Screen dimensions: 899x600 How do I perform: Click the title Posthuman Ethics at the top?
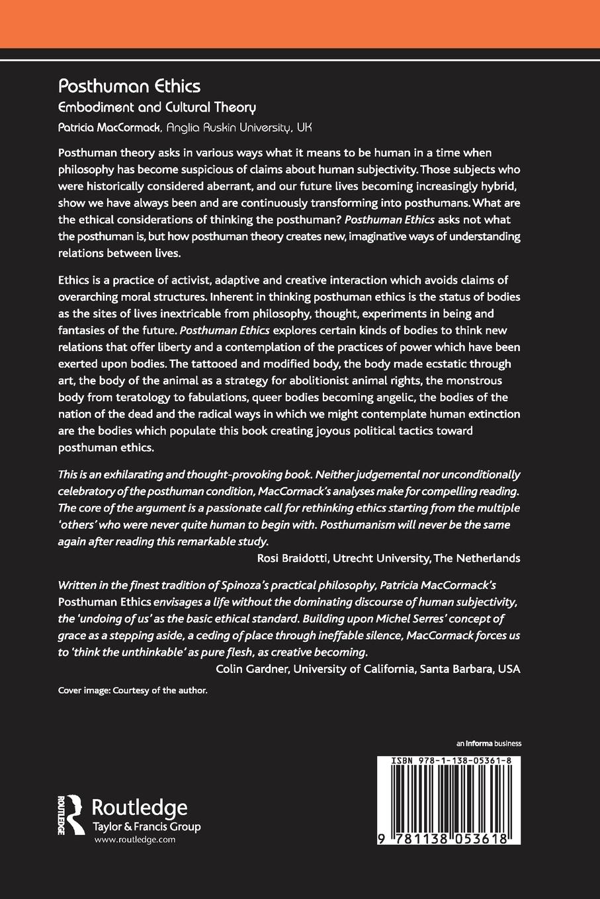(x=129, y=86)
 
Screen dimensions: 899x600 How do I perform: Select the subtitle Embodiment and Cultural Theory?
(x=157, y=107)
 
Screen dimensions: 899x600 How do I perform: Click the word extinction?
(x=490, y=414)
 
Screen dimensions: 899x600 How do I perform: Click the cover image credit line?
(x=133, y=690)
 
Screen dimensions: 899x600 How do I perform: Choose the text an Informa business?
(x=489, y=743)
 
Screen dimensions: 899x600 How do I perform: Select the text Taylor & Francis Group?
(x=146, y=826)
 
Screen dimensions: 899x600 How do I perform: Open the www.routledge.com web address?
(x=135, y=840)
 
